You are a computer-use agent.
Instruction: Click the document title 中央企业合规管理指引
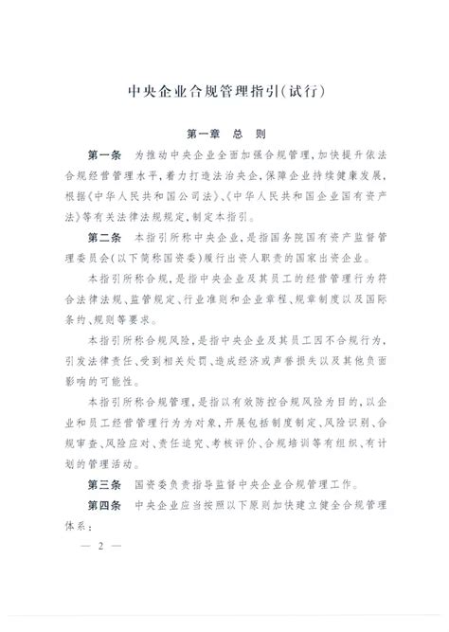pos(205,93)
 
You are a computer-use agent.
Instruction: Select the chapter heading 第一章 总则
pos(224,136)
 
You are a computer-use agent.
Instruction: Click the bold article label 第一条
pos(104,153)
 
